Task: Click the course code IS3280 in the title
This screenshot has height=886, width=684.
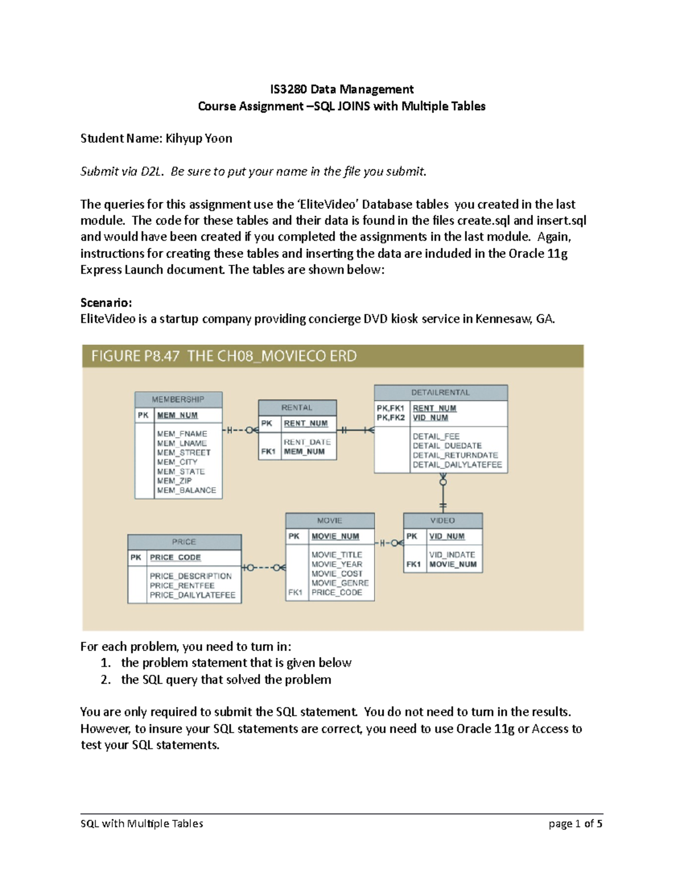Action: pos(288,89)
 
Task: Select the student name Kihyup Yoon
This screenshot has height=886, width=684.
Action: pos(198,138)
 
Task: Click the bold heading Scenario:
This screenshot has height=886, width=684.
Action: pos(106,302)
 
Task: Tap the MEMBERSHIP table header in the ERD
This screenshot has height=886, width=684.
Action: pos(178,399)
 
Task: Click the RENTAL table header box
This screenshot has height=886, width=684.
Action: pos(297,407)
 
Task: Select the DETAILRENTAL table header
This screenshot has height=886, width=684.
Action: pos(441,393)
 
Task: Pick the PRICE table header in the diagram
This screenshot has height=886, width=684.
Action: pos(184,541)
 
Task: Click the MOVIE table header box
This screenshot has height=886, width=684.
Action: pos(329,520)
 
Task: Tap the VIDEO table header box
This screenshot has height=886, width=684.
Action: pos(442,520)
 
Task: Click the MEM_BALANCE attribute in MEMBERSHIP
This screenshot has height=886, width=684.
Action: pos(186,490)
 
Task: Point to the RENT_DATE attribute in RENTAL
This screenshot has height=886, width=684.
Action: pos(307,442)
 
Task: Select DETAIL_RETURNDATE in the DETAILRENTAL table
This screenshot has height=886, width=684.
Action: pos(455,455)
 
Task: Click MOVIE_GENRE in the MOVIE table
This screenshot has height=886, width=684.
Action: pos(340,583)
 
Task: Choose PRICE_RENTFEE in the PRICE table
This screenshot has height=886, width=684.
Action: pos(182,585)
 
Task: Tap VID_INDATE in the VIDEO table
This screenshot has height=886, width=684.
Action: pos(452,555)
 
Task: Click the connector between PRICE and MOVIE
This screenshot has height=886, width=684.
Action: pos(263,568)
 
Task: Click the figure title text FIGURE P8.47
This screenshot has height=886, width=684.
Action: pos(135,356)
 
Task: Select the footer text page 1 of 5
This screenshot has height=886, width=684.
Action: pos(575,823)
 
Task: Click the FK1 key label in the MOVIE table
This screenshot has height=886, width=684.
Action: pos(295,592)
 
